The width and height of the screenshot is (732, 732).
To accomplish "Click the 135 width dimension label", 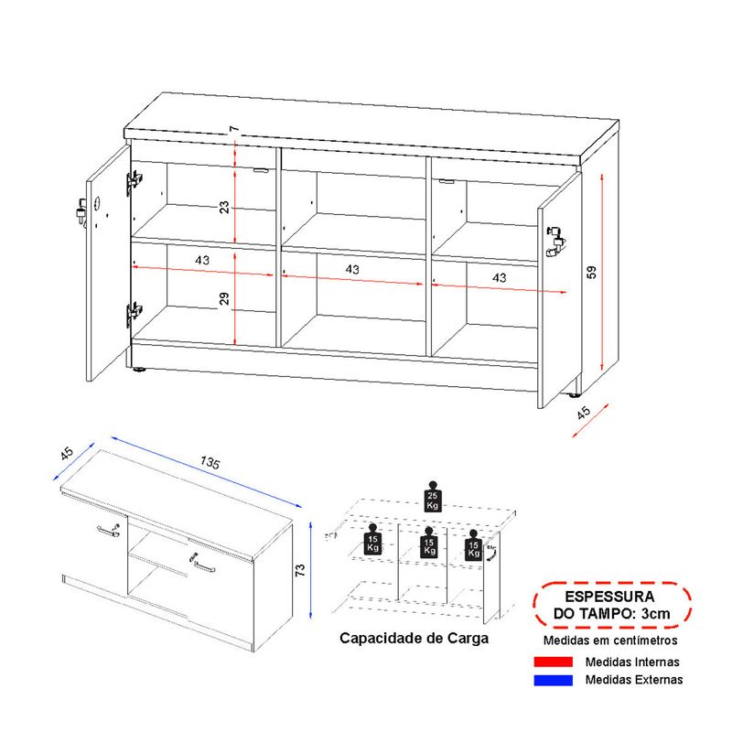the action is (210, 462).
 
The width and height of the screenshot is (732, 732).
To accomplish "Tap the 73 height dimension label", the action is (300, 569).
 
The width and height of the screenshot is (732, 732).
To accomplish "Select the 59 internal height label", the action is (591, 272).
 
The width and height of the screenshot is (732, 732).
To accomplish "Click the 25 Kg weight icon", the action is (432, 497).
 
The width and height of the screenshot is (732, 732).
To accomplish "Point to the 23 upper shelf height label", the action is (224, 207).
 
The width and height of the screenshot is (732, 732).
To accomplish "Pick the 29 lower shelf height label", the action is (224, 299).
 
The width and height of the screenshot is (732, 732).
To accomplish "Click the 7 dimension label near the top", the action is (234, 128).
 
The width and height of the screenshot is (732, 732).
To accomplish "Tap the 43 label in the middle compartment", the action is (352, 269).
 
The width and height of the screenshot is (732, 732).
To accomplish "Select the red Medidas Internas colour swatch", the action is (554, 662).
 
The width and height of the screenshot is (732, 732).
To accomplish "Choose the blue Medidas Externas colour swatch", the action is (554, 680).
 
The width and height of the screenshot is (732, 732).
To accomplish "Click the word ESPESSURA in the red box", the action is (609, 597).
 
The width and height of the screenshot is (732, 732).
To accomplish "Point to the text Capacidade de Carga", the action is (414, 638).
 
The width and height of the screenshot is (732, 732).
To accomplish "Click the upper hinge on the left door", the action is (134, 180).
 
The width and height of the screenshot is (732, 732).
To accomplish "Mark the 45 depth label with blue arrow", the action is (67, 453).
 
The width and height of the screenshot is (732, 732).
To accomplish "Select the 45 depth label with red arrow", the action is (584, 413).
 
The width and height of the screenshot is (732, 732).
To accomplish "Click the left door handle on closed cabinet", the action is (109, 531).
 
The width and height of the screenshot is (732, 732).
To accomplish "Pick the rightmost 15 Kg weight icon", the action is (473, 545).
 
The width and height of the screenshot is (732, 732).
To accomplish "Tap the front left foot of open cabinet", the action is (139, 370).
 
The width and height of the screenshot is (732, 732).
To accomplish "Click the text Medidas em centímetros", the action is (610, 640).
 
